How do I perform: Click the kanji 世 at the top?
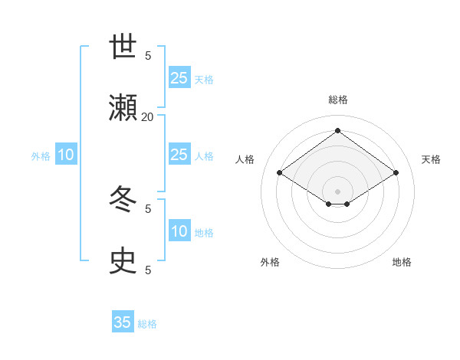click(x=123, y=48)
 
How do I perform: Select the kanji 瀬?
click(x=123, y=107)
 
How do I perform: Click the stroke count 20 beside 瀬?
click(x=147, y=116)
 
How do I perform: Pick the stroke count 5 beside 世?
click(x=148, y=55)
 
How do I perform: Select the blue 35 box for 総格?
click(x=123, y=322)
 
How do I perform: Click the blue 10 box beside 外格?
click(x=66, y=155)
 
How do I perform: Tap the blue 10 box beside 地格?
click(x=179, y=231)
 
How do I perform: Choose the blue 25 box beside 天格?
click(x=179, y=77)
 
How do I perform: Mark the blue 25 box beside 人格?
click(x=179, y=155)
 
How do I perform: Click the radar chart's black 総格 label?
click(x=338, y=100)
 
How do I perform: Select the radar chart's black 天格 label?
click(x=431, y=159)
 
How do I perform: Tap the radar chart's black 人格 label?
click(x=245, y=159)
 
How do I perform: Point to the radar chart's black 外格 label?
click(x=270, y=262)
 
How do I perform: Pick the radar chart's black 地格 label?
click(x=402, y=262)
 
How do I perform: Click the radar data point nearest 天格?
click(x=396, y=173)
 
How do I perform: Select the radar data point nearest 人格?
click(x=280, y=173)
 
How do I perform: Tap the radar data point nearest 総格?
click(x=337, y=131)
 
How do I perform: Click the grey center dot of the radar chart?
click(x=337, y=191)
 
